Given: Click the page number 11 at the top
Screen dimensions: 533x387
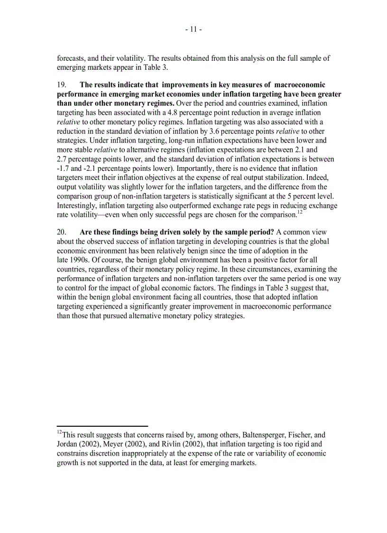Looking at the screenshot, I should [x=193, y=29].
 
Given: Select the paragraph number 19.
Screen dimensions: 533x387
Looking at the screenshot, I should [x=62, y=85].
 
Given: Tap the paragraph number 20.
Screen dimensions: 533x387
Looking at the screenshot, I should [x=62, y=233].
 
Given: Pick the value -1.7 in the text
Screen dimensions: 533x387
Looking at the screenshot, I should [x=63, y=168].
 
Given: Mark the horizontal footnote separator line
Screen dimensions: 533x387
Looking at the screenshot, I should [x=102, y=426].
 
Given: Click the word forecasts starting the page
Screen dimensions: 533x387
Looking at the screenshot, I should [x=72, y=58].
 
